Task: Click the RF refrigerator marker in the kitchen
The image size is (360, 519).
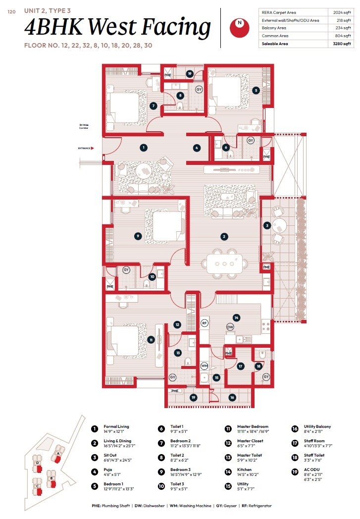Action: click(204, 323)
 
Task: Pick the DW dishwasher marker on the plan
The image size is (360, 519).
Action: click(230, 327)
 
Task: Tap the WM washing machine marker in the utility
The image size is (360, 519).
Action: click(204, 366)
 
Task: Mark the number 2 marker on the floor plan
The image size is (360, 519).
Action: click(224, 237)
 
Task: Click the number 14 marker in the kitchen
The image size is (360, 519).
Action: click(237, 317)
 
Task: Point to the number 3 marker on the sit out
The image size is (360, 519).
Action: click(267, 225)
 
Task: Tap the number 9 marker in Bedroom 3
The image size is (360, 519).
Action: click(138, 236)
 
